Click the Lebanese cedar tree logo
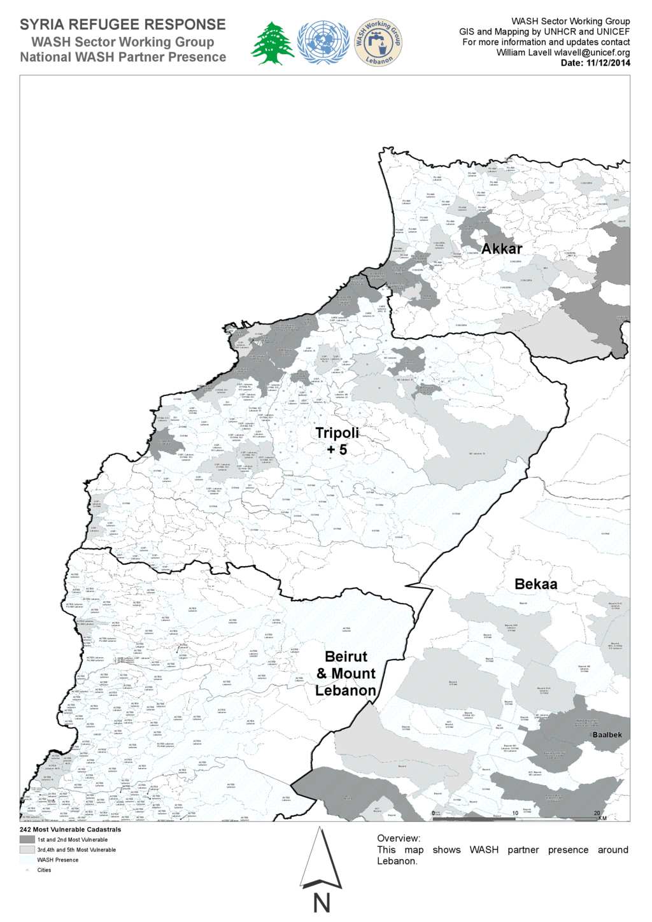pyautogui.click(x=273, y=43)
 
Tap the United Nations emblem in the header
pyautogui.click(x=323, y=43)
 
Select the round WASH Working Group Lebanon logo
pyautogui.click(x=378, y=42)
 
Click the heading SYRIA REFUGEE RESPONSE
pyautogui.click(x=123, y=25)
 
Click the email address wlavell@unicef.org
pyautogui.click(x=592, y=53)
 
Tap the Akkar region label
pyautogui.click(x=502, y=249)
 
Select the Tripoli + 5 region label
pyautogui.click(x=337, y=441)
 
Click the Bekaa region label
pyautogui.click(x=535, y=584)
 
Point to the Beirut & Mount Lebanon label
pyautogui.click(x=346, y=673)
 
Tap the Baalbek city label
pyautogui.click(x=607, y=735)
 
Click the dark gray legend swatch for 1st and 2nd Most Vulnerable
pyautogui.click(x=27, y=840)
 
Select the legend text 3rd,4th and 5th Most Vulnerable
pyautogui.click(x=76, y=850)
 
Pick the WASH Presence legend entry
pyautogui.click(x=57, y=860)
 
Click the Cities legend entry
pyautogui.click(x=44, y=870)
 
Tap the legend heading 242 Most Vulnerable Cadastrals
pyautogui.click(x=70, y=830)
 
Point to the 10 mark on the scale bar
pyautogui.click(x=515, y=813)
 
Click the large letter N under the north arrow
pyautogui.click(x=322, y=904)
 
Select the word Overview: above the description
pyautogui.click(x=399, y=839)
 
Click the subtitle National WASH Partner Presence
pyautogui.click(x=123, y=57)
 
